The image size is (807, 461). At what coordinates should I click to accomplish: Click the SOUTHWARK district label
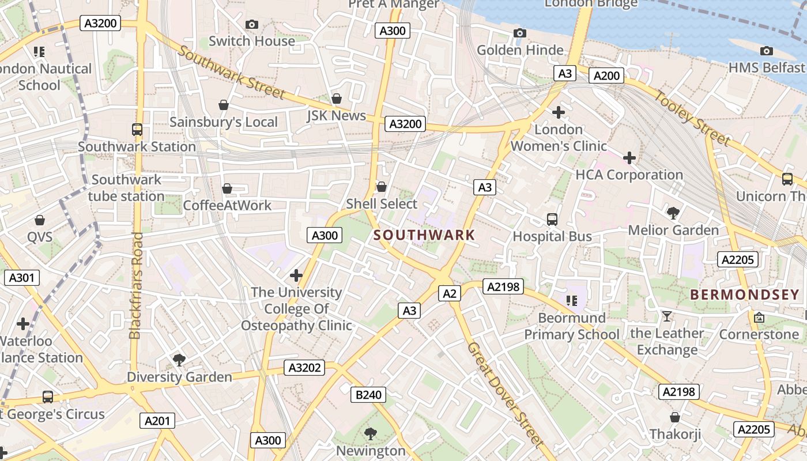click(424, 235)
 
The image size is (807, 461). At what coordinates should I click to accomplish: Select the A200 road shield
click(606, 75)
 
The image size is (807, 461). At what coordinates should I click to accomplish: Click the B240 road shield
click(368, 395)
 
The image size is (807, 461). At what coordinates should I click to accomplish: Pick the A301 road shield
click(22, 278)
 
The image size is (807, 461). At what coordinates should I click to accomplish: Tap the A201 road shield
click(157, 421)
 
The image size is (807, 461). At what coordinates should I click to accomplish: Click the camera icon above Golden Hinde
click(520, 33)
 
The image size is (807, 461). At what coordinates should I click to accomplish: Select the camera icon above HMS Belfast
click(766, 51)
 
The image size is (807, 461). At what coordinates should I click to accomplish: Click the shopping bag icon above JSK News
click(337, 99)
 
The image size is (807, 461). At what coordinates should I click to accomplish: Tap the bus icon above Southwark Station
click(137, 130)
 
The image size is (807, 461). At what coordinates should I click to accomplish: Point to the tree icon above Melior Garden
click(673, 213)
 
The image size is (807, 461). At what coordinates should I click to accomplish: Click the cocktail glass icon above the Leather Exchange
click(667, 316)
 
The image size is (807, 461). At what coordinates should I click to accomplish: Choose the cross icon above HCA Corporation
click(629, 157)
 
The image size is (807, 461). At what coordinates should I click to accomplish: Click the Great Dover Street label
click(505, 395)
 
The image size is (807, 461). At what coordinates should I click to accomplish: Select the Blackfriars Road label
click(136, 285)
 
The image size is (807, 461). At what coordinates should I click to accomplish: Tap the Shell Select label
click(382, 204)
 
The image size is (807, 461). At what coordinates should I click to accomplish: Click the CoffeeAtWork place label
click(227, 205)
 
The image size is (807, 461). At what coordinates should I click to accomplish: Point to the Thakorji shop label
click(675, 434)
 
